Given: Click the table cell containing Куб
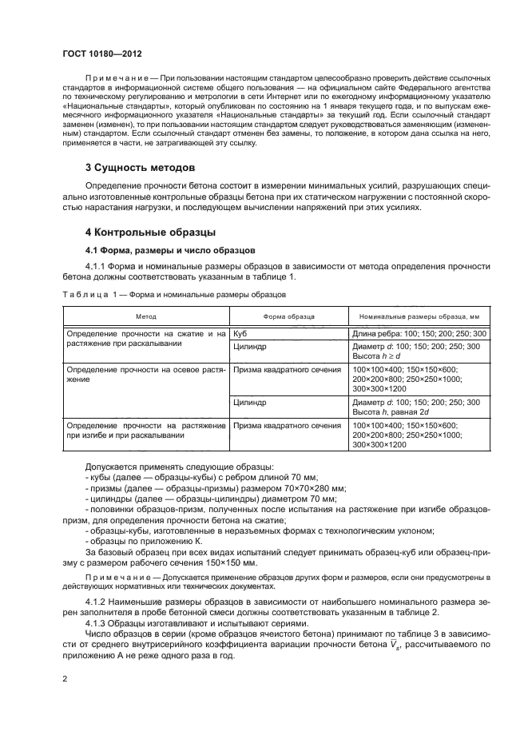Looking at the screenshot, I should point(241,332).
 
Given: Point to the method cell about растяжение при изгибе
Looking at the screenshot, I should point(145,431).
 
